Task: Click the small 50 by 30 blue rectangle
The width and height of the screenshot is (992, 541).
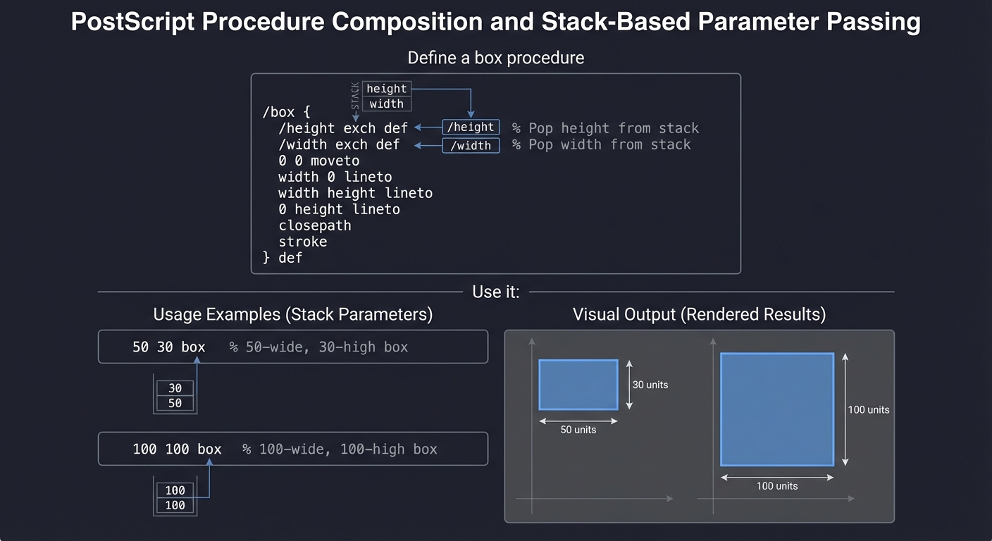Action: pos(578,385)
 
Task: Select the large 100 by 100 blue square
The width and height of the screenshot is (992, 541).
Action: pos(776,409)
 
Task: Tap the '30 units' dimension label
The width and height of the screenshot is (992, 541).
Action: pos(650,385)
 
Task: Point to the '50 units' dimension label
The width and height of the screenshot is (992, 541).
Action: pos(578,430)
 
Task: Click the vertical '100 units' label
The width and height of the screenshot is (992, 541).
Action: pos(868,409)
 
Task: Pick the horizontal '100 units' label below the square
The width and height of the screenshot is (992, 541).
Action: pos(777,486)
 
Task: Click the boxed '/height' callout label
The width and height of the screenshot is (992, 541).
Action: pos(471,128)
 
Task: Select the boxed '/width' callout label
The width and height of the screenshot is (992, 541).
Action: pos(471,146)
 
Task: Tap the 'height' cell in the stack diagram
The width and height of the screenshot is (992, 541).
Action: pos(386,89)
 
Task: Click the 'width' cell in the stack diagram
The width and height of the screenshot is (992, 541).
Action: pos(386,104)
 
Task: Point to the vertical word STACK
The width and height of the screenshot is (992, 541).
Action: pos(355,96)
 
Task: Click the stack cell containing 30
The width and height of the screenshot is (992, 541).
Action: pos(175,388)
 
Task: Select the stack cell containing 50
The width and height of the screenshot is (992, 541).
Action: pos(175,403)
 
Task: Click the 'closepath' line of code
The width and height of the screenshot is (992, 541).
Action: pos(314,225)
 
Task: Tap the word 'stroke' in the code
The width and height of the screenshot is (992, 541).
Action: pos(302,242)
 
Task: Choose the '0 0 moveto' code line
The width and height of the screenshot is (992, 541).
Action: pos(318,161)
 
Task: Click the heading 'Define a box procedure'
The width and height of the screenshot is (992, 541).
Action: pos(495,58)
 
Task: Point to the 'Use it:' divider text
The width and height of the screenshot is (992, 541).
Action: pos(495,292)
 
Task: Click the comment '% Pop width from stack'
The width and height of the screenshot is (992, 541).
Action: pos(601,144)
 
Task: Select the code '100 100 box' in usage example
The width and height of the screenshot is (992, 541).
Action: pos(177,449)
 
